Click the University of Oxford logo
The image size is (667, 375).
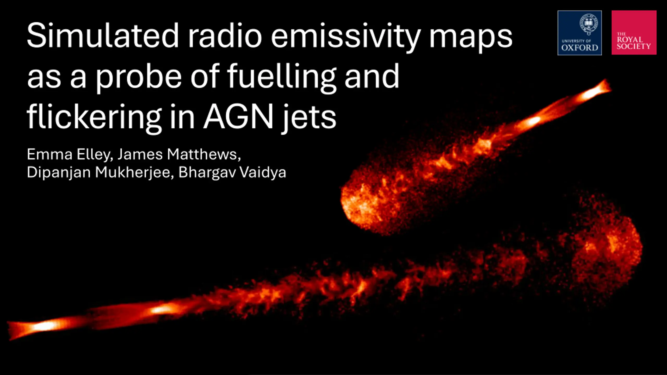coord(579,33)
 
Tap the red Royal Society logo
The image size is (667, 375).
coord(634,33)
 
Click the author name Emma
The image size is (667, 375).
coord(50,154)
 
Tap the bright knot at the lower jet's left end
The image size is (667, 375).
coord(44,326)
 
